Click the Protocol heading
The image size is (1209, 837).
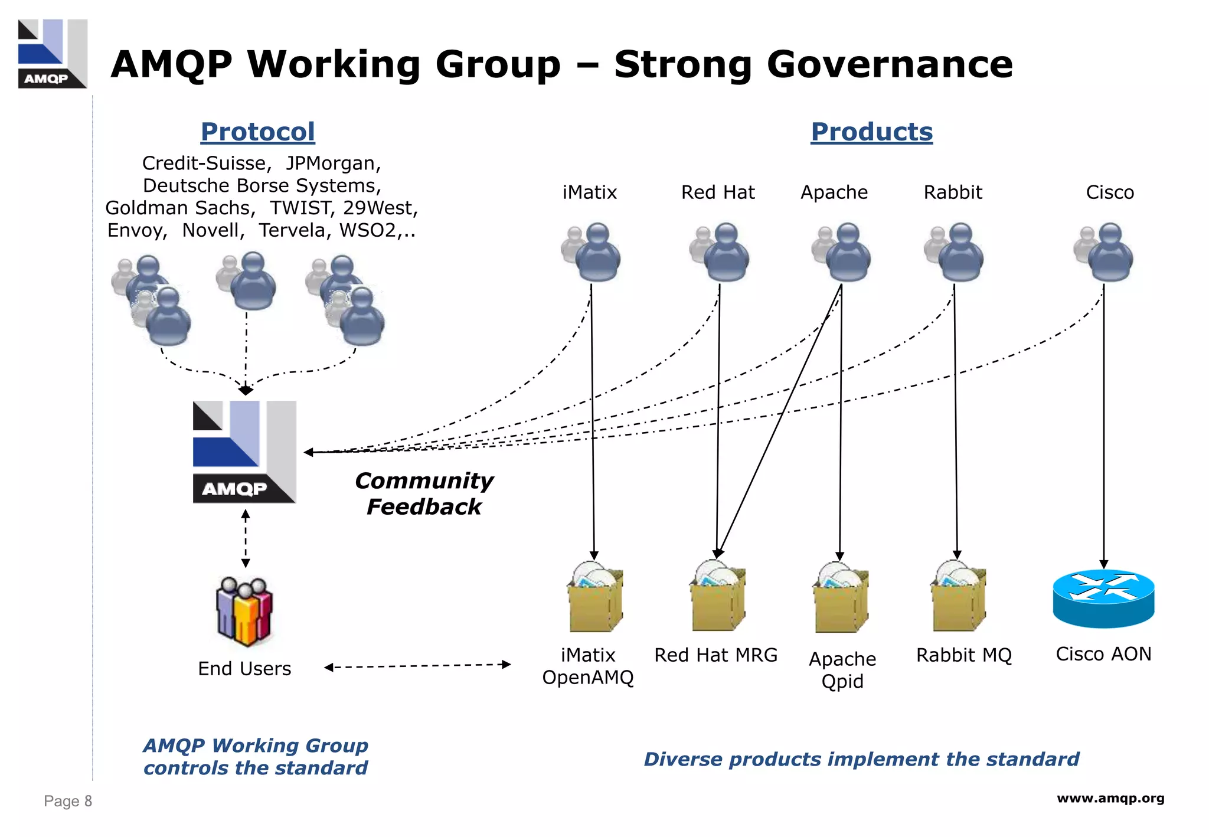pyautogui.click(x=257, y=132)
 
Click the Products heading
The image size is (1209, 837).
pyautogui.click(x=871, y=132)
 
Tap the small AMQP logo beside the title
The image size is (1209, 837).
pyautogui.click(x=53, y=54)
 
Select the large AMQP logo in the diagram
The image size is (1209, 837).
pyautogui.click(x=244, y=452)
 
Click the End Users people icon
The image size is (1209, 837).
pyautogui.click(x=244, y=612)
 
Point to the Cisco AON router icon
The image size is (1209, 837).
pyautogui.click(x=1103, y=598)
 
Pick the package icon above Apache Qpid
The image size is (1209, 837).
pyautogui.click(x=841, y=597)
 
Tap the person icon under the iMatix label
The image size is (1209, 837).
pyautogui.click(x=592, y=252)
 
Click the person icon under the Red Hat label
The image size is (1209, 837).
pyautogui.click(x=720, y=252)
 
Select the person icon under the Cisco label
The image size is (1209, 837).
pyautogui.click(x=1105, y=252)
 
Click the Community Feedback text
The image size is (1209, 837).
pyautogui.click(x=424, y=493)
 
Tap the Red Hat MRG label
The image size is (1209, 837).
pyautogui.click(x=715, y=655)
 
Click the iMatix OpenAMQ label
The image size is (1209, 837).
pyautogui.click(x=588, y=666)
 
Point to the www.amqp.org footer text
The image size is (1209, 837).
pyautogui.click(x=1110, y=798)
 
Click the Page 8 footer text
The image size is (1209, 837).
pyautogui.click(x=68, y=801)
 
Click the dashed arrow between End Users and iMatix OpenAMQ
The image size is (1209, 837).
pyautogui.click(x=417, y=666)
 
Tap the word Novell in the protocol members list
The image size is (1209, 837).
pyautogui.click(x=213, y=230)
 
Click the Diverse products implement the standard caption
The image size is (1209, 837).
pyautogui.click(x=861, y=758)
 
